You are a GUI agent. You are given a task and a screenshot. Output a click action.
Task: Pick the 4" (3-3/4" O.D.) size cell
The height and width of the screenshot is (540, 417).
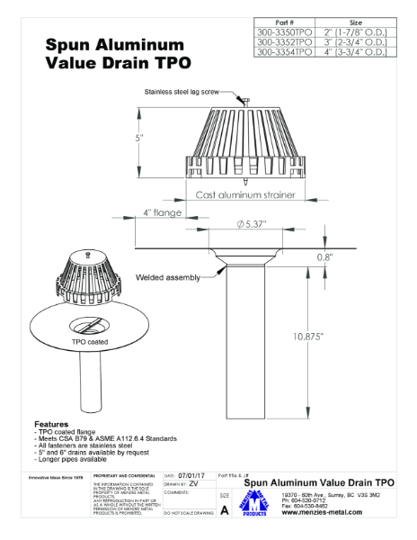click(x=354, y=51)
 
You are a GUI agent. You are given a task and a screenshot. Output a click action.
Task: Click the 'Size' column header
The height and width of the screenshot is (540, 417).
click(x=354, y=20)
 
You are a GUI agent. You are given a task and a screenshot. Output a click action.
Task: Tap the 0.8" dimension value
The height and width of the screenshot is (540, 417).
click(x=324, y=256)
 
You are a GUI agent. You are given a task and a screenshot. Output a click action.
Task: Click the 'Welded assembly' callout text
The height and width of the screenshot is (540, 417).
click(x=167, y=277)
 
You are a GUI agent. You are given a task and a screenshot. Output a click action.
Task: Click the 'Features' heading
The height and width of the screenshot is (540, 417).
click(x=51, y=423)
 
